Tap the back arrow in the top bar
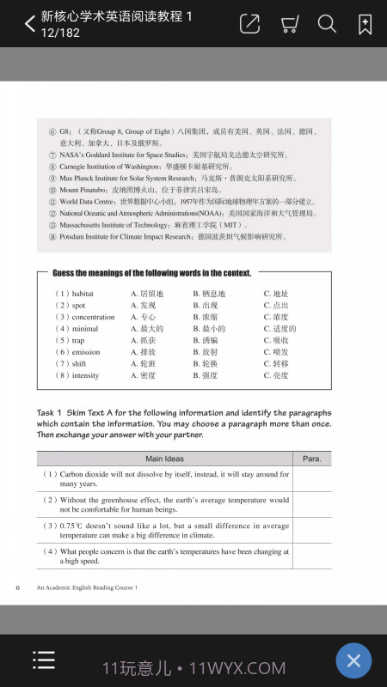29,23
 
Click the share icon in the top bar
249,24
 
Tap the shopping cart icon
289,24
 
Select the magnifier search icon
327,24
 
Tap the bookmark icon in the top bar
365,24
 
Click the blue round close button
353,660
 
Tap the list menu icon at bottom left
44,660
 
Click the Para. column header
311,459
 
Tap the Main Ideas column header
164,459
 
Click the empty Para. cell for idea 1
311,478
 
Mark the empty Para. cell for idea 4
311,556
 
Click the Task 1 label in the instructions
51,412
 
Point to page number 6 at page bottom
17,587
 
